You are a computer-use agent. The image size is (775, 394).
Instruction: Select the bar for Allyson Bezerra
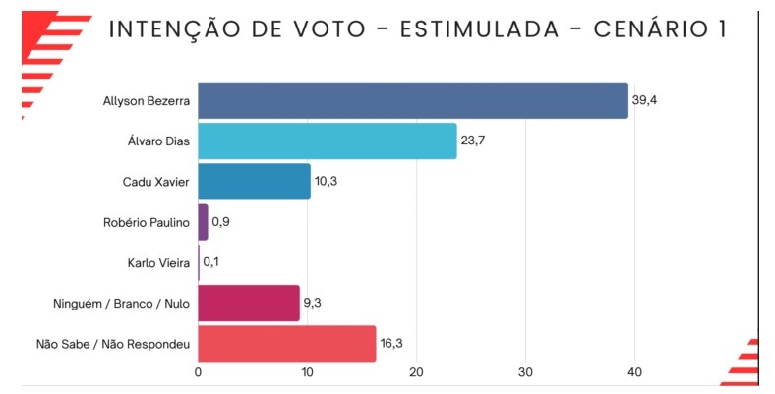(x=413, y=101)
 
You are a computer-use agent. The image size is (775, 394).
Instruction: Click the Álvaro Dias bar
(x=328, y=141)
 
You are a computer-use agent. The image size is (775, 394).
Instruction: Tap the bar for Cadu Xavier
(x=254, y=182)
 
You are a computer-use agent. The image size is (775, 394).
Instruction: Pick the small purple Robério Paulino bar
(x=203, y=222)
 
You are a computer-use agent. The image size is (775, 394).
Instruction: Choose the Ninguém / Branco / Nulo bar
(x=249, y=304)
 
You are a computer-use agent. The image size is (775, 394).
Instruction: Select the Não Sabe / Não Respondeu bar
(x=287, y=344)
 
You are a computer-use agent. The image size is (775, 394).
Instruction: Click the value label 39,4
(x=644, y=100)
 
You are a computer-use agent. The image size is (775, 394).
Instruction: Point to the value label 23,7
(x=473, y=141)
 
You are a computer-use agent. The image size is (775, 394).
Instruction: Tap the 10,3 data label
(x=327, y=182)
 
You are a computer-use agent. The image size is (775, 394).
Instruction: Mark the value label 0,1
(x=211, y=262)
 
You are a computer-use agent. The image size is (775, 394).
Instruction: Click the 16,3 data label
(x=391, y=344)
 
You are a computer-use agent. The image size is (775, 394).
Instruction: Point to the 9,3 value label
(x=316, y=304)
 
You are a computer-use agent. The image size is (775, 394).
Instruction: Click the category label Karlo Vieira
(x=159, y=262)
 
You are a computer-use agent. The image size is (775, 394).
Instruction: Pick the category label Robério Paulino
(x=146, y=222)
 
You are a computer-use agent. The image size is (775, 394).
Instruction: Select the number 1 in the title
(x=721, y=29)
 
